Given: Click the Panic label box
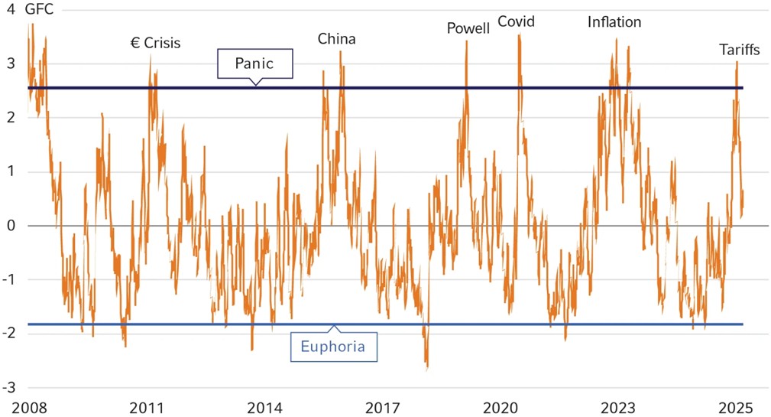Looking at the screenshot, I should point(255,64).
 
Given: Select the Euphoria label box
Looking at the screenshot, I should point(333,347).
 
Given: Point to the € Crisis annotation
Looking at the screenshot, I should point(155,43).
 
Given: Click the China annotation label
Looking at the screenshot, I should point(336,39).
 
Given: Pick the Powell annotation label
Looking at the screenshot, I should point(468,29).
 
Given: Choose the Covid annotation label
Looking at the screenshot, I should point(516,21).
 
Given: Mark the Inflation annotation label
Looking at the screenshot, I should point(614,21).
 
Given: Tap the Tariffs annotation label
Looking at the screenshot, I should point(739,50).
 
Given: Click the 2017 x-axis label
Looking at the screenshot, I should point(384,406).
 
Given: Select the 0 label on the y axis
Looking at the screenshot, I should point(11,226).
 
